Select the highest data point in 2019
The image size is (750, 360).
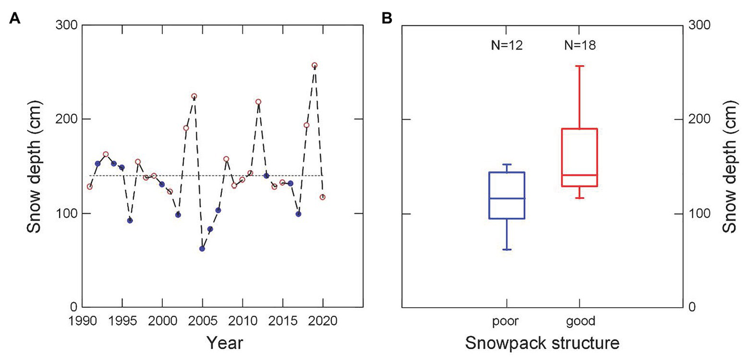coord(315,65)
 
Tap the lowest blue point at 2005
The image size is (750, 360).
coord(202,249)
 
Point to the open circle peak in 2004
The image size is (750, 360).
coord(194,96)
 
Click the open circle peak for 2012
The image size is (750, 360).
coord(258,102)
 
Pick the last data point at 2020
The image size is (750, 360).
coord(322,197)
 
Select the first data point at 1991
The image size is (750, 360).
coord(89,187)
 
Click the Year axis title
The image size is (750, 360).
coord(224,343)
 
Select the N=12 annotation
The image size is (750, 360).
coord(507,46)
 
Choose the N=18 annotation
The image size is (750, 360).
coord(579,46)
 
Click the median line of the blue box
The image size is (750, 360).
coord(507,198)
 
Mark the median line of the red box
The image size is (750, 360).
coord(579,175)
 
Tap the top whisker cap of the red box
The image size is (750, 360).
coord(579,66)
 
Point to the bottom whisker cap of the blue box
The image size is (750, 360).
coord(507,250)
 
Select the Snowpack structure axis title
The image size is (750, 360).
coord(542,343)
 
